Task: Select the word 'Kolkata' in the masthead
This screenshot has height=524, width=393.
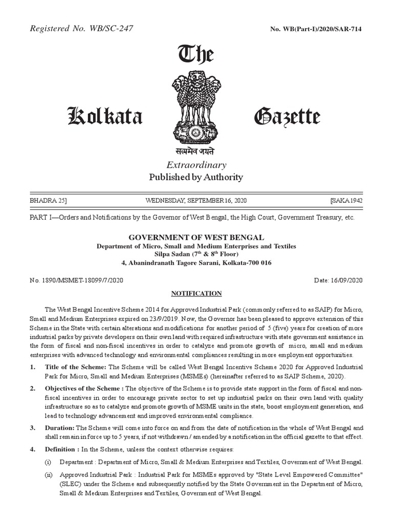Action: [105, 117]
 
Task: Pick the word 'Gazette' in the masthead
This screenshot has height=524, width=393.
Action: [287, 117]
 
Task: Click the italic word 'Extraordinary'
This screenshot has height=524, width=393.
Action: [196, 165]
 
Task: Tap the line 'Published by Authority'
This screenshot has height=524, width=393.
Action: [196, 178]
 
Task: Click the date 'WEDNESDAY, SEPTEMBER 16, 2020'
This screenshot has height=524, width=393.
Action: [196, 200]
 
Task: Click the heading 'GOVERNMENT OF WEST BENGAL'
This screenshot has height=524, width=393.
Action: [196, 237]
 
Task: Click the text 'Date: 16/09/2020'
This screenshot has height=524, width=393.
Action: [337, 280]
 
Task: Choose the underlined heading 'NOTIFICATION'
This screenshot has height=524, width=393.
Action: [196, 293]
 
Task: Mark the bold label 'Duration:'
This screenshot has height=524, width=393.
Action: [60, 427]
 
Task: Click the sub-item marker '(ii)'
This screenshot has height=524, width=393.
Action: [49, 475]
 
